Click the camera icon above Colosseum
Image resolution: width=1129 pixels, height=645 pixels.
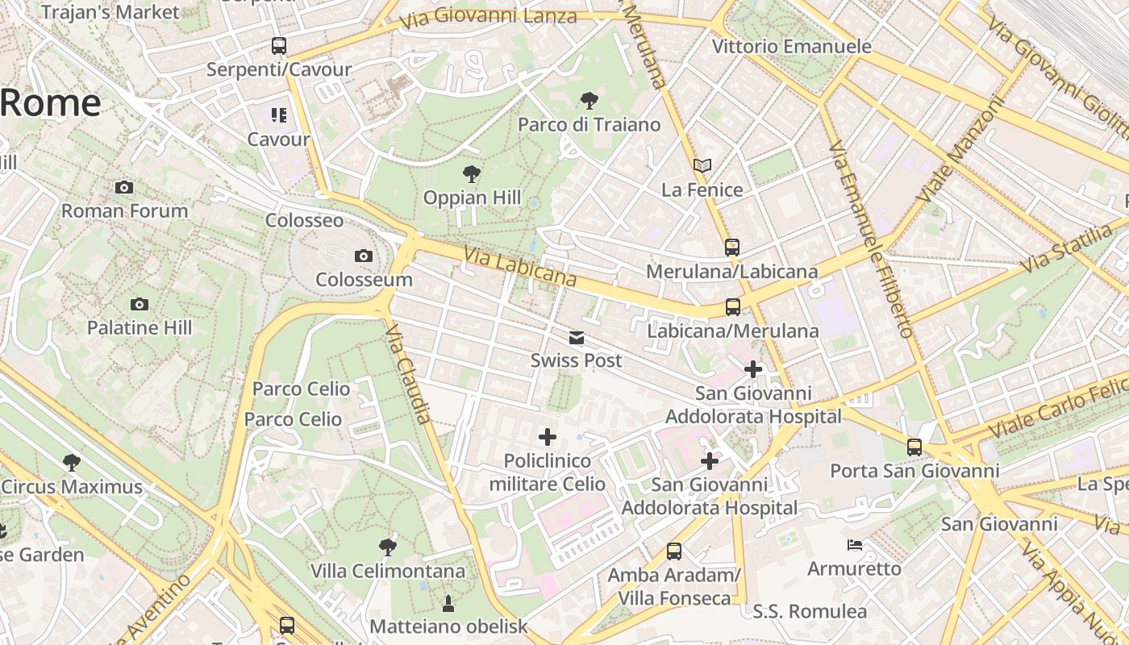click(364, 256)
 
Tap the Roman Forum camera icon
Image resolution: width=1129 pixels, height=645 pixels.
click(124, 188)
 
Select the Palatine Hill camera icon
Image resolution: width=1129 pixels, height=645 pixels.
click(140, 305)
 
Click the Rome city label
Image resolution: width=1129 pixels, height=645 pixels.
click(50, 103)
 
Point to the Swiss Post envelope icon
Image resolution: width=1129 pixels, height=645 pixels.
click(577, 338)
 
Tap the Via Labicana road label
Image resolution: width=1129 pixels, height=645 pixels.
click(520, 267)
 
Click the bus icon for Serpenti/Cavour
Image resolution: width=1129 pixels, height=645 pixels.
click(279, 46)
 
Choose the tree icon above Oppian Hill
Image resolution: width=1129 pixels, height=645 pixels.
click(472, 174)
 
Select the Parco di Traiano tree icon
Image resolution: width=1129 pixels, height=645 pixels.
click(589, 101)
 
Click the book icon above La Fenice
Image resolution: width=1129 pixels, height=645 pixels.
click(702, 166)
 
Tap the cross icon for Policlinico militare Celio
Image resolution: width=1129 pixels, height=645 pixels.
click(548, 438)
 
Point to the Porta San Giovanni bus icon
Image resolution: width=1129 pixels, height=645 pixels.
click(914, 447)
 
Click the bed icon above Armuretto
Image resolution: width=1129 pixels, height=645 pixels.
click(855, 546)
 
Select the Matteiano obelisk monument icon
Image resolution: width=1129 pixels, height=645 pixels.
click(448, 603)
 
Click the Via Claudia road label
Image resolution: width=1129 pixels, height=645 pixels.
click(409, 374)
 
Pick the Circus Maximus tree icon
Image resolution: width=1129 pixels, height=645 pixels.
click(72, 463)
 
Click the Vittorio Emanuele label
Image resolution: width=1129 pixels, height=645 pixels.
click(791, 47)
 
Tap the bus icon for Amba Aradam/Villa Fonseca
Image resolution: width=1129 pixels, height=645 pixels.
click(674, 551)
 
